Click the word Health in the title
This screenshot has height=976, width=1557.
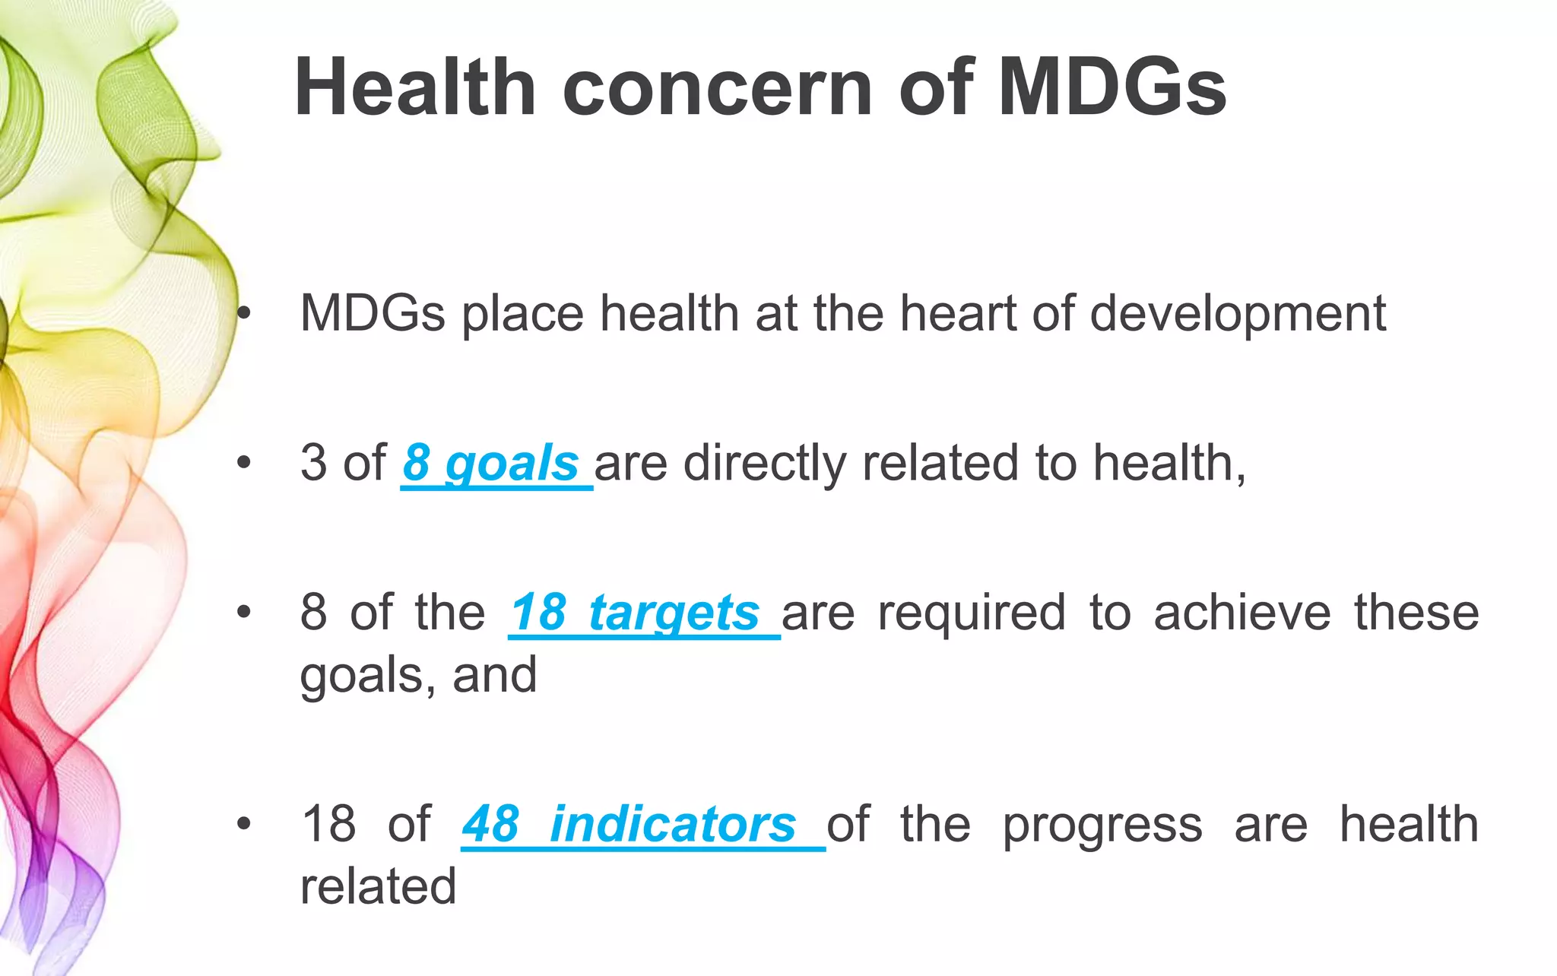(x=415, y=88)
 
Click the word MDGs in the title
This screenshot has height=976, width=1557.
(x=1111, y=88)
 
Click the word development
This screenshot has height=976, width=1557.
(x=1238, y=315)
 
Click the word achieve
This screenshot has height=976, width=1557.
(x=1241, y=613)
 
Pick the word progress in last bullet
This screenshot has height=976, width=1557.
(x=1102, y=825)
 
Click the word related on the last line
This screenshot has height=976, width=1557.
(x=378, y=886)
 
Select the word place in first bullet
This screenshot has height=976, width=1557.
(x=523, y=315)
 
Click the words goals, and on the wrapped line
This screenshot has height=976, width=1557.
(x=418, y=676)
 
